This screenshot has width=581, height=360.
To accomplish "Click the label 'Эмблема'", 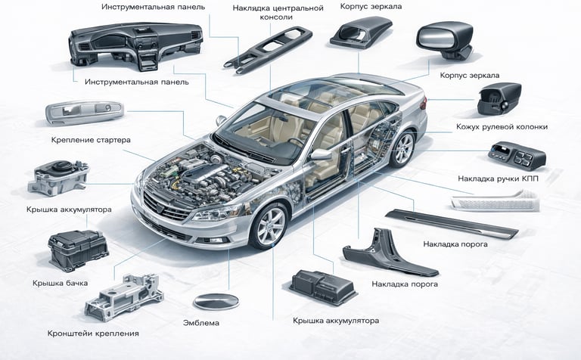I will pyautogui.click(x=201, y=323).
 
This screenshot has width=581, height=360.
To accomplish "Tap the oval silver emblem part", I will pyautogui.click(x=216, y=301).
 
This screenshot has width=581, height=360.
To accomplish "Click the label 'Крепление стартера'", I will pyautogui.click(x=92, y=140).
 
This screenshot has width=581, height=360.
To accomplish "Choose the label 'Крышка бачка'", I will pyautogui.click(x=61, y=283).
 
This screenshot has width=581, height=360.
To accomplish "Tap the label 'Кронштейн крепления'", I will pyautogui.click(x=93, y=333).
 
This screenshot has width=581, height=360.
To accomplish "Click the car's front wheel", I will pyautogui.click(x=269, y=225).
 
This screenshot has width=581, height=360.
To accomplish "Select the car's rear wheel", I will pyautogui.click(x=402, y=149).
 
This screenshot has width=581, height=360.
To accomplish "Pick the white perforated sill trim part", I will pyautogui.click(x=495, y=201).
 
